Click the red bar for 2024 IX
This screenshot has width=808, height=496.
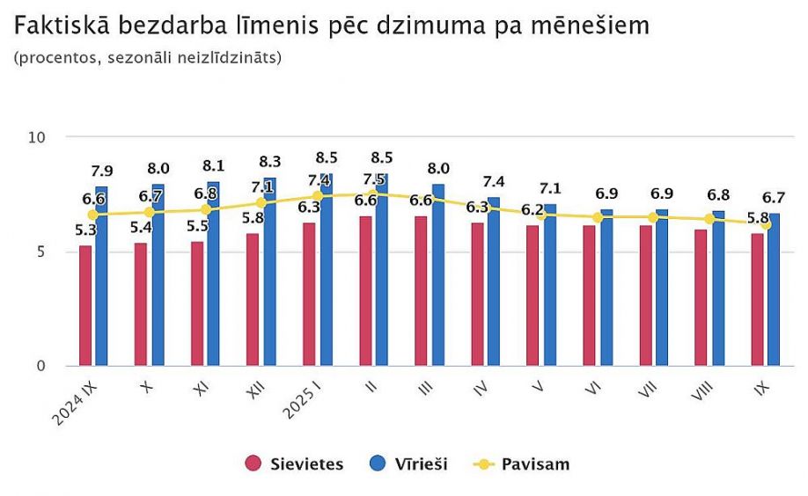pyautogui.click(x=85, y=305)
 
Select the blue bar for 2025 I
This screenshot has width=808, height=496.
pyautogui.click(x=326, y=269)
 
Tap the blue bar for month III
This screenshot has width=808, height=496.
pyautogui.click(x=437, y=274)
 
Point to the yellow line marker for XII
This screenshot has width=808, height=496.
pyautogui.click(x=261, y=203)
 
